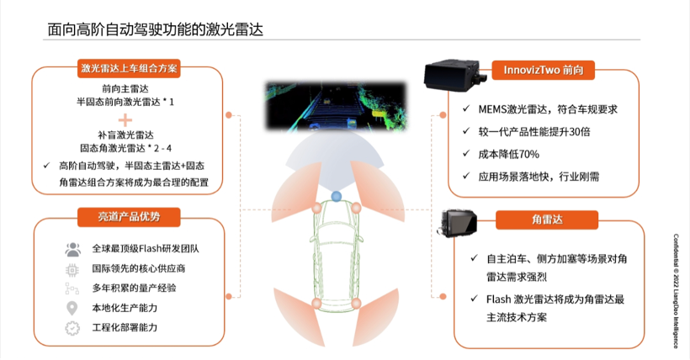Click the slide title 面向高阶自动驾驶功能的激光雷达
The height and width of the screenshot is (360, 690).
(155, 30)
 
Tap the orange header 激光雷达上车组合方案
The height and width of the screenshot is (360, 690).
(128, 68)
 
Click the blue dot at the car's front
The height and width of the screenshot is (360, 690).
(336, 197)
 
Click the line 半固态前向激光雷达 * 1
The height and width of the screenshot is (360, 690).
(125, 100)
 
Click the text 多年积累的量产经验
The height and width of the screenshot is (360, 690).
(134, 288)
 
